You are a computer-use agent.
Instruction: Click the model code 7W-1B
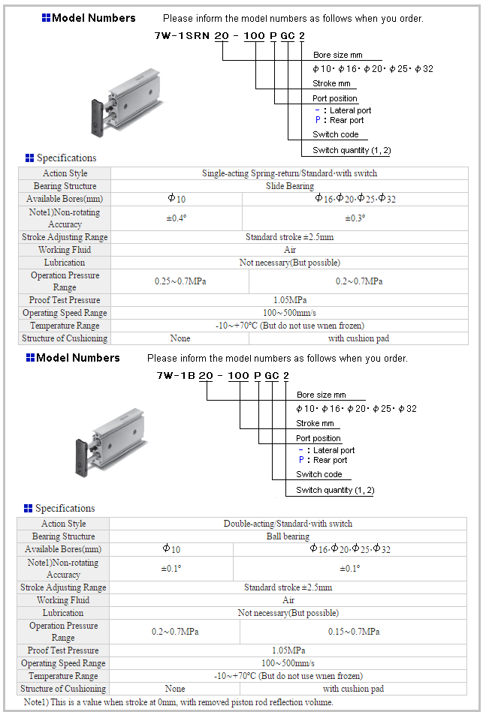point(175,375)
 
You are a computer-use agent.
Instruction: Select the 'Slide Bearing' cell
point(290,186)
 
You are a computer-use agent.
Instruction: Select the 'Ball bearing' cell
point(288,536)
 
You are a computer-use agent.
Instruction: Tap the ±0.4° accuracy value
point(177,218)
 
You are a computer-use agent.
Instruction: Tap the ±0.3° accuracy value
point(355,218)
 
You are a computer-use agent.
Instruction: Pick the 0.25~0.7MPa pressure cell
point(180,281)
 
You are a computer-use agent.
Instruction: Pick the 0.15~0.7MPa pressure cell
point(353,632)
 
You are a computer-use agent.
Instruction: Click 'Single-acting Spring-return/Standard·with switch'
point(290,173)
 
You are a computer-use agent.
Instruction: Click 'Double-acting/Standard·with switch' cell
point(288,524)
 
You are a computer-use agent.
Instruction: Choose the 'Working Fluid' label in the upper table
point(65,250)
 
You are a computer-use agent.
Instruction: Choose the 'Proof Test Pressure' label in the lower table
point(63,650)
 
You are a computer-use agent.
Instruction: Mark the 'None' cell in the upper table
point(180,338)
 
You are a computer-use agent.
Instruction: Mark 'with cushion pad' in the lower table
point(353,689)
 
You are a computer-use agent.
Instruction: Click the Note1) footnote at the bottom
point(178,702)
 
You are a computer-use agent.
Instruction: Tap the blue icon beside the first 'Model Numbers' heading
point(46,18)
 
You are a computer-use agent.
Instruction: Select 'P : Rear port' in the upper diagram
point(339,120)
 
